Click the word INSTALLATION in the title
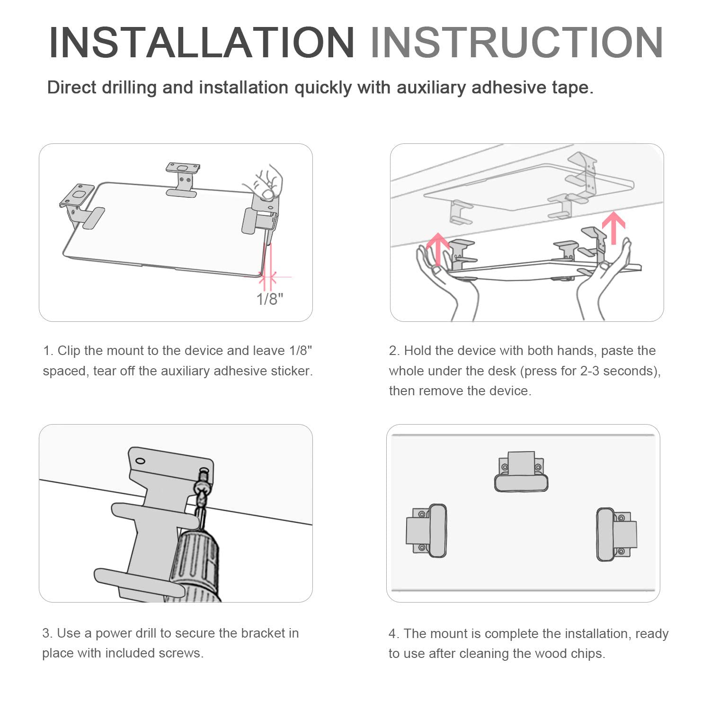coord(202,43)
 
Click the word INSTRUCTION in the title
coord(516,43)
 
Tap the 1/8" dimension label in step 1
coord(270,299)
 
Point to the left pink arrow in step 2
coord(438,249)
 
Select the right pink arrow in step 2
coord(613,228)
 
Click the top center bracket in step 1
coord(182,179)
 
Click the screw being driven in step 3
coord(202,492)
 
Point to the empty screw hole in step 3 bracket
coord(140,461)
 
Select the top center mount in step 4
coord(521,471)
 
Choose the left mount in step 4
coord(426,531)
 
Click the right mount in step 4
coord(617,534)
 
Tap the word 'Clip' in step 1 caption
coord(68,351)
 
